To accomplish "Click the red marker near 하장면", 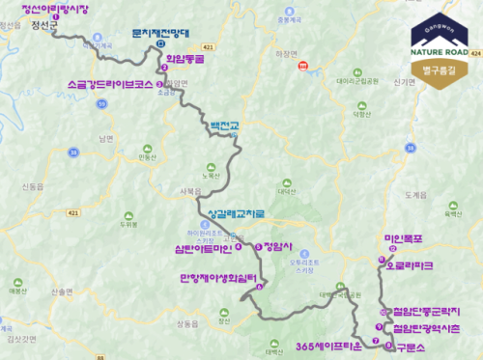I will [x=304, y=66].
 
